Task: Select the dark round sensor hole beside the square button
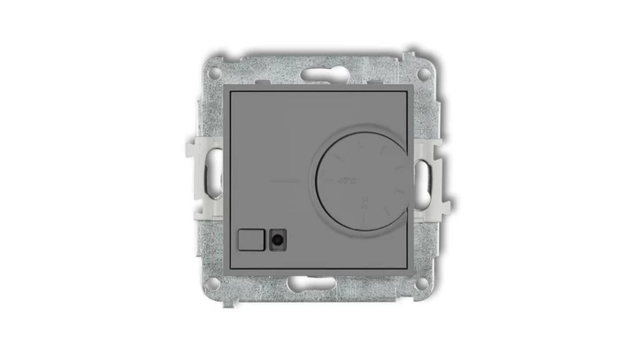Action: pyautogui.click(x=280, y=238)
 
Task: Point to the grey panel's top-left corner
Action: pyautogui.click(x=231, y=92)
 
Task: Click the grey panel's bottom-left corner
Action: pyautogui.click(x=231, y=264)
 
